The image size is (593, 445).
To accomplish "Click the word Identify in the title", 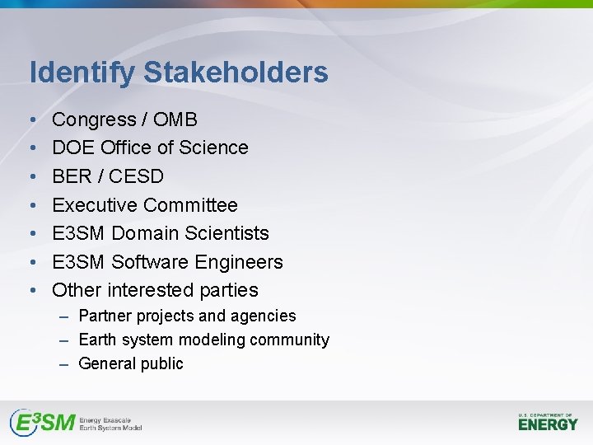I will [82, 73].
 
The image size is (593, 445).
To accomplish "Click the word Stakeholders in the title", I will [236, 72].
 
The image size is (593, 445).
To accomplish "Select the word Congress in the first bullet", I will [94, 120].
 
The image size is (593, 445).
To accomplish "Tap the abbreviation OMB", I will [175, 119].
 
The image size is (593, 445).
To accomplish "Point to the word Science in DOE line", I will [215, 148].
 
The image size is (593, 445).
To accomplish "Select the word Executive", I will [94, 205].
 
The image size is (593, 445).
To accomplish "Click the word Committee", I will [190, 205].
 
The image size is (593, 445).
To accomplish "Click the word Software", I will [147, 262].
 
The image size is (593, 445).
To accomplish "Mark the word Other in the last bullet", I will [75, 290].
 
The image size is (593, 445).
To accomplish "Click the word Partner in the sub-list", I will [105, 316].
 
